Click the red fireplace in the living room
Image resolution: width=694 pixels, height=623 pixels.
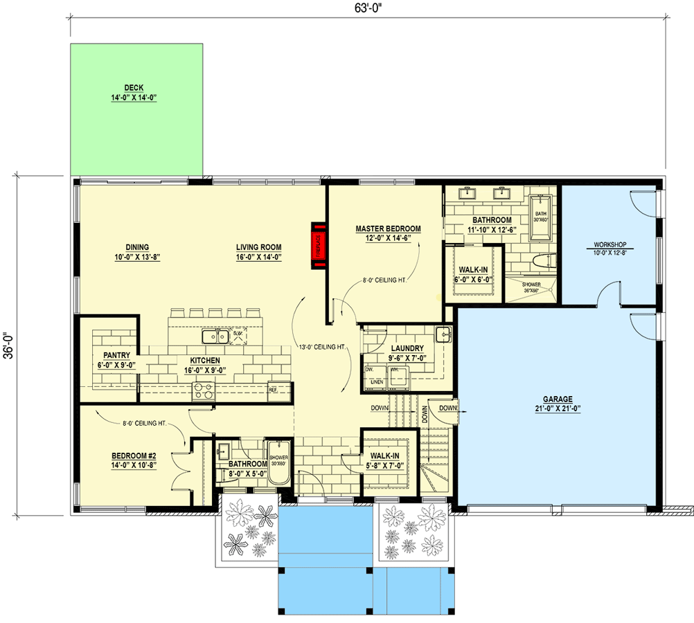319,245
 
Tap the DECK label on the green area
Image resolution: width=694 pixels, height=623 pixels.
134,88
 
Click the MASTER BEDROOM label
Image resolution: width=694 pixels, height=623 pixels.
388,229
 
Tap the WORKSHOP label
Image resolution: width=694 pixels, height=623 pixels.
610,244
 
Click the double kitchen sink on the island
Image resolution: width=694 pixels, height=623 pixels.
215,336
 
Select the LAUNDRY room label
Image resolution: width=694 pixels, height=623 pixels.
407,348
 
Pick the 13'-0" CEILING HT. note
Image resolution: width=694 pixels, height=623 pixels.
321,346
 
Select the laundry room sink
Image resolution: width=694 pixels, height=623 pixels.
443,336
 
